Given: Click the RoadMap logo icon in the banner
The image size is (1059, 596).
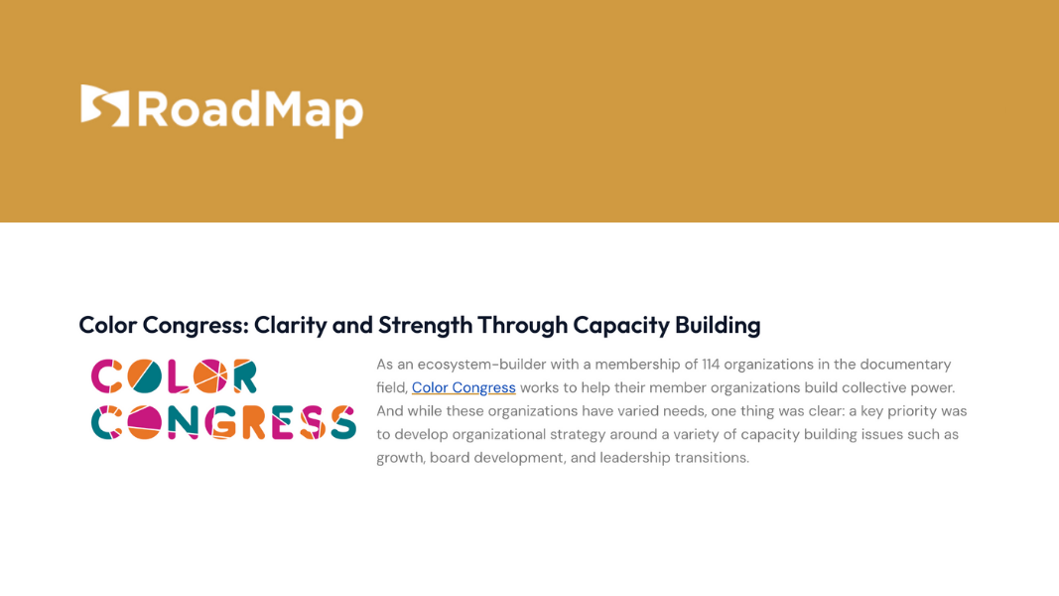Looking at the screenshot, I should pos(105,105).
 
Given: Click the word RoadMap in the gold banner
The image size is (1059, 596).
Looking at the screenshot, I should pos(249,110).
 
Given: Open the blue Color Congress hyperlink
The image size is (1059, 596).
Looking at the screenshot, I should pos(463,387).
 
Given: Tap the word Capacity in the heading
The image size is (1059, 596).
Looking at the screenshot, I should pos(621,325).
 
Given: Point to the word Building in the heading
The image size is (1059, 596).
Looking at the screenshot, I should pos(718,325).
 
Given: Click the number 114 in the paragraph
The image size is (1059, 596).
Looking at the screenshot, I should pos(711,365).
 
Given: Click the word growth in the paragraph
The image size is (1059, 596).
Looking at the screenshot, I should pos(399,458).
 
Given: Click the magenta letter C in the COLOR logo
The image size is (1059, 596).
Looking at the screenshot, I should pos(107,376).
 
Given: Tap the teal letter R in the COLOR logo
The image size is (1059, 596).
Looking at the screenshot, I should pos(242,376).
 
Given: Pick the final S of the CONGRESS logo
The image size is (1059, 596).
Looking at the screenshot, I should pos(342,422).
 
